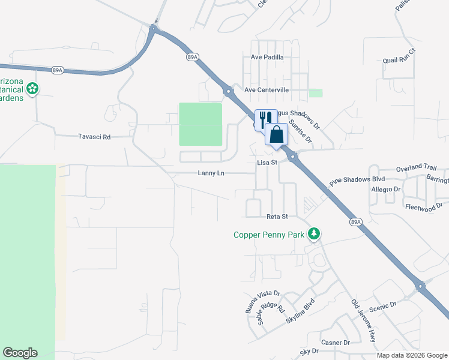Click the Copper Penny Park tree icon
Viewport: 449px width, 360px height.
point(313,233)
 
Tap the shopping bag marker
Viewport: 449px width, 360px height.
point(276,134)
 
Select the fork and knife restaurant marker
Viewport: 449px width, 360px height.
point(265,119)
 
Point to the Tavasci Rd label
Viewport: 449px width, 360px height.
point(94,137)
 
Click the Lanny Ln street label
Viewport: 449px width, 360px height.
point(211,173)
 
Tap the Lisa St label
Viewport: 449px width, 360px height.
point(267,163)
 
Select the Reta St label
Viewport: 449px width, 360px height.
point(277,217)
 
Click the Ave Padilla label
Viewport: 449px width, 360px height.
point(267,58)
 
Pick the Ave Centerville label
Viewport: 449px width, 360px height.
point(267,90)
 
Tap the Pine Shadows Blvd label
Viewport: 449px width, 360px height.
point(357,179)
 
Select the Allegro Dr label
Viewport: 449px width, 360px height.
point(385,190)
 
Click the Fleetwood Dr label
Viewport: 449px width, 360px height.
point(425,206)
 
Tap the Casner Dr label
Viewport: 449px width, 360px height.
point(336,343)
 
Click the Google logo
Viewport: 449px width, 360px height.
point(20,353)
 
